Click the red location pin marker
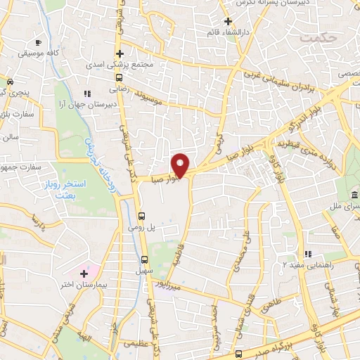pos(181,165)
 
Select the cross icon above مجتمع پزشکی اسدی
pos(120,53)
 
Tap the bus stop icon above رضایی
pos(119,78)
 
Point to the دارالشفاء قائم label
pos(226,32)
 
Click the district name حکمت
pos(316,37)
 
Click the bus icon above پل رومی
pos(142,216)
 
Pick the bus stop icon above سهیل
pos(144,259)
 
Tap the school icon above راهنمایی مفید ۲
pos(307,254)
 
